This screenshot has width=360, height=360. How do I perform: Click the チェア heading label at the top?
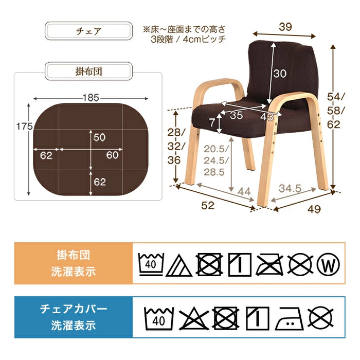87,31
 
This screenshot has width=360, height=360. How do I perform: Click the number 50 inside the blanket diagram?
99,137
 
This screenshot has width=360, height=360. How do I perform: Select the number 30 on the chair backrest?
279,74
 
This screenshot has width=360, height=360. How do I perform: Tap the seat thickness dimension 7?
212,123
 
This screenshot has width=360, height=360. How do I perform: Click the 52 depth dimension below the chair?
208,205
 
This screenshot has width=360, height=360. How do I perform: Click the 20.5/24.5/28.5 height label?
214,160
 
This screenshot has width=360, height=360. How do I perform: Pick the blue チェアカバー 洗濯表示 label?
74,317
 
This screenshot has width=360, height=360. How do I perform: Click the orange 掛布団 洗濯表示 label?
74,263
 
